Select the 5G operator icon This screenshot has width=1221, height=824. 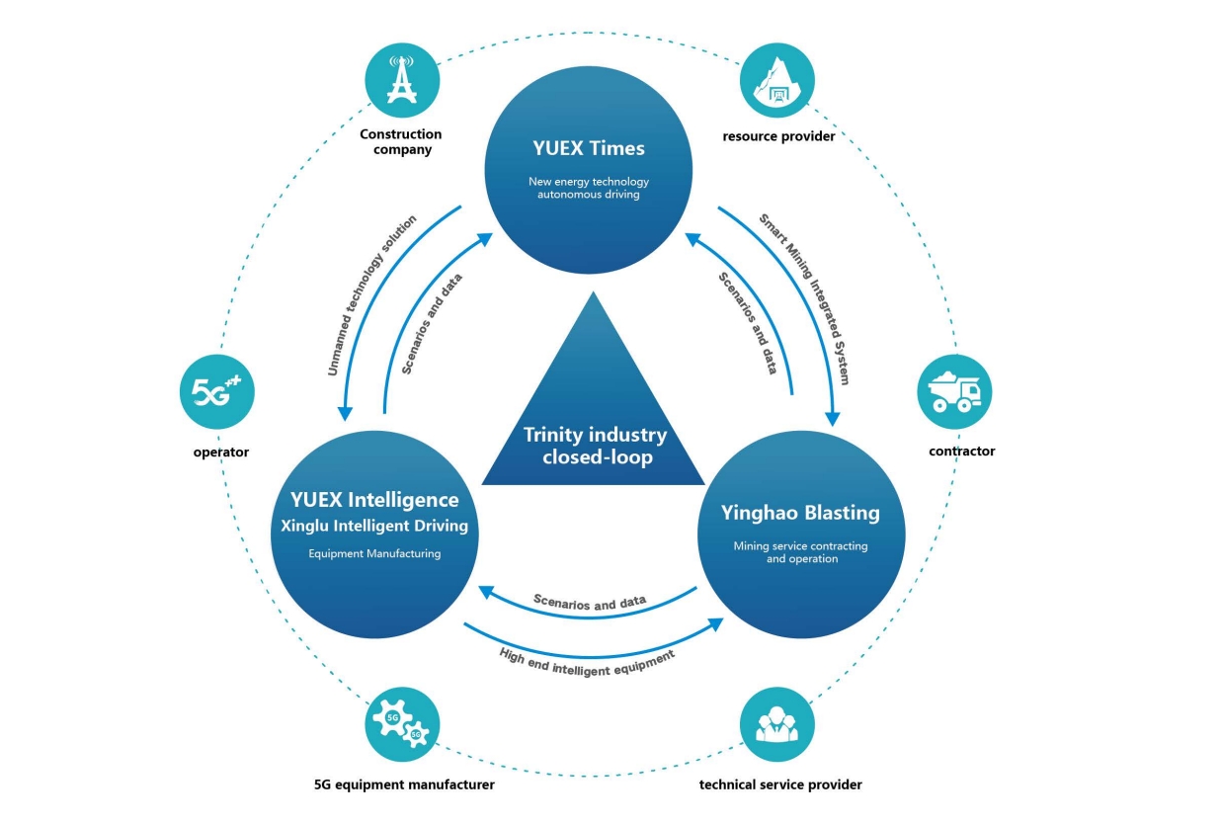pos(217,392)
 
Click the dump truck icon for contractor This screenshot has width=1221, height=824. pos(954,392)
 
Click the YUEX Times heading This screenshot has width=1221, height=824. pos(588,149)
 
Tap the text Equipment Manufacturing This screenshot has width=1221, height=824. pos(373,554)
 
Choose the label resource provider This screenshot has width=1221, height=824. pos(778,136)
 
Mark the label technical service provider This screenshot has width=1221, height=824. pos(780,784)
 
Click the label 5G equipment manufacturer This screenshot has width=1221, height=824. pos(403,784)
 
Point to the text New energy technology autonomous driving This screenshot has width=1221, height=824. pos(588,188)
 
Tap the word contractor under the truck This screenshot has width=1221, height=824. pos(961,451)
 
